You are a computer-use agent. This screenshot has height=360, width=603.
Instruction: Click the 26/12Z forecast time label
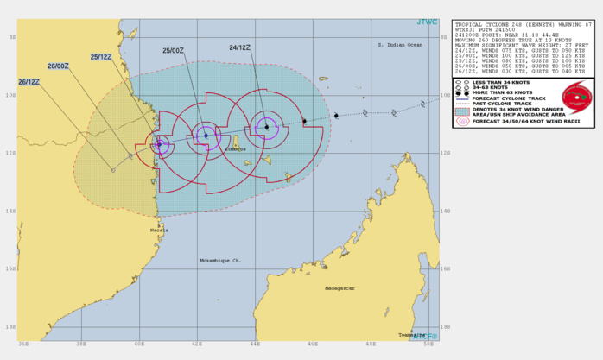point(29,82)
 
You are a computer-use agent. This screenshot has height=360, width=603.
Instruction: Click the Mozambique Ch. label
point(222,260)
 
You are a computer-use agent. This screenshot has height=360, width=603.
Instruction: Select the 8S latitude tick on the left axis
point(10,37)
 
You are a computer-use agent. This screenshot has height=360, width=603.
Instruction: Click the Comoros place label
point(236,149)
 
